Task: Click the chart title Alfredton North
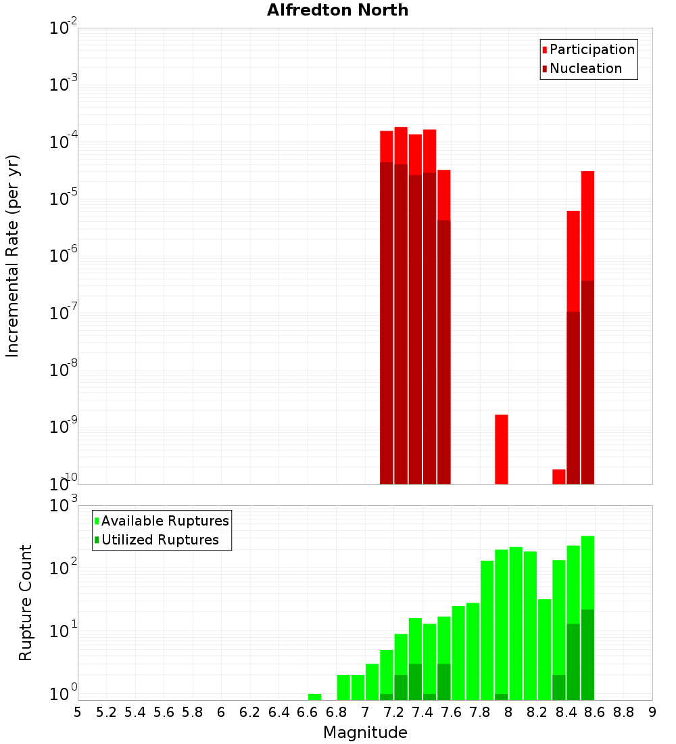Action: [x=337, y=10]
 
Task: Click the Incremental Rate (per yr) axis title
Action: [x=13, y=256]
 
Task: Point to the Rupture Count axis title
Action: [x=26, y=602]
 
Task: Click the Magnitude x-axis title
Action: [x=365, y=732]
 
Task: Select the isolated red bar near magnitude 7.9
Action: [x=502, y=449]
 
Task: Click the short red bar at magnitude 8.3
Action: [x=559, y=476]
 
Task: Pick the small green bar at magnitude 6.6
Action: [x=314, y=697]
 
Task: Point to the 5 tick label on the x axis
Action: [x=78, y=712]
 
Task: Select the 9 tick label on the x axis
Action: [x=652, y=712]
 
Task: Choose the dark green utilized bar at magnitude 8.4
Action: [x=573, y=661]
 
